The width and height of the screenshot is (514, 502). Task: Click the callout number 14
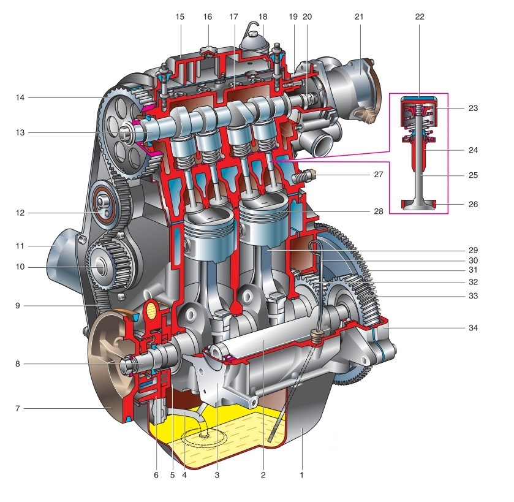[20, 97]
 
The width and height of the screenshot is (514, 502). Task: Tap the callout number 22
[420, 17]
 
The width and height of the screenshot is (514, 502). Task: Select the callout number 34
[473, 328]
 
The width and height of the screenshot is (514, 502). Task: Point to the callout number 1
[301, 475]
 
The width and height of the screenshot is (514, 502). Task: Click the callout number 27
[379, 175]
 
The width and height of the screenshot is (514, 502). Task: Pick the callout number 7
[18, 409]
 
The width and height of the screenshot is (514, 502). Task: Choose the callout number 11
[20, 246]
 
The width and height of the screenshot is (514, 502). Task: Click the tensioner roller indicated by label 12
[104, 205]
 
